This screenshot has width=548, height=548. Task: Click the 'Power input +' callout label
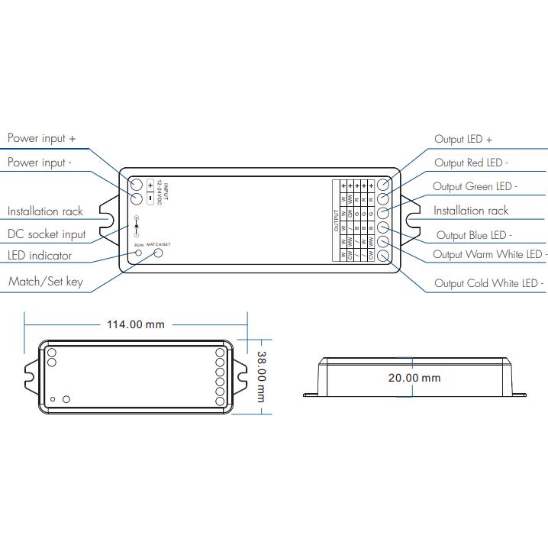coord(42,139)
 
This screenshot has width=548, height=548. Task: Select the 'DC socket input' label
coord(47,234)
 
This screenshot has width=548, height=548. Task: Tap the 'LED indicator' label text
coord(40,256)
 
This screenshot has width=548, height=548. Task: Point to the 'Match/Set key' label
coord(45,282)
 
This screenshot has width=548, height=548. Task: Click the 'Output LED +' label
coord(463,140)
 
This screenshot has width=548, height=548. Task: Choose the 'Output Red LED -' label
coord(471,163)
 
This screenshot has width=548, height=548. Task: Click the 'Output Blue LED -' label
coord(473,236)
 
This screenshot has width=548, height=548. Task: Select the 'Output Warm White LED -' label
coord(488,255)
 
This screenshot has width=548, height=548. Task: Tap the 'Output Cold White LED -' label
coord(488,283)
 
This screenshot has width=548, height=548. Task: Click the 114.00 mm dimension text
coord(135,324)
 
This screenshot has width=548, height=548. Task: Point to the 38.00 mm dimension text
coord(261,377)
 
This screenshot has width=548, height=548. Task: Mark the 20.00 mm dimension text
coord(414,377)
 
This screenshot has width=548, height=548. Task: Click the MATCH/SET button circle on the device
coord(159,253)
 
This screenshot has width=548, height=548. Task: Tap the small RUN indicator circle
coord(138,252)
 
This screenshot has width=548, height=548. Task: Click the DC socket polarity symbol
coord(136,227)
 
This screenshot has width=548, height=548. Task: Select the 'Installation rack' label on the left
coord(45,211)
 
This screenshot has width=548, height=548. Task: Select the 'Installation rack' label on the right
coord(471,211)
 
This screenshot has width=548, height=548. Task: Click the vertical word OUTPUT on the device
coord(336,220)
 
